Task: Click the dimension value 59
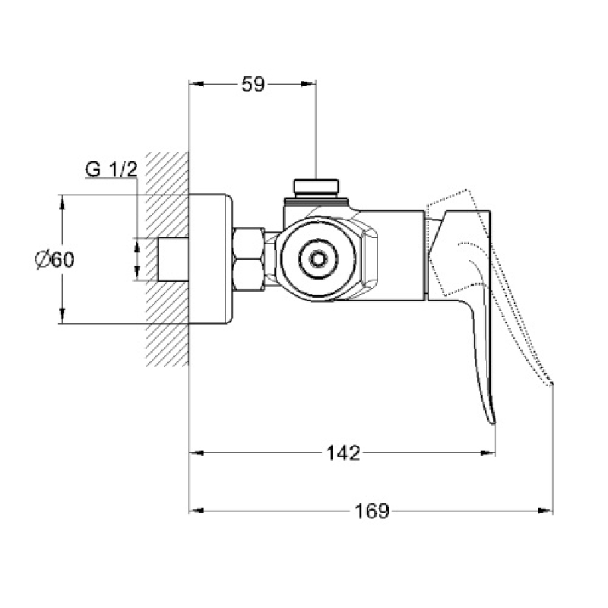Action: (x=253, y=84)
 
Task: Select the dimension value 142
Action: (x=344, y=453)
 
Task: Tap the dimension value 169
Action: (x=372, y=511)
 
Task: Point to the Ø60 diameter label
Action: (x=54, y=259)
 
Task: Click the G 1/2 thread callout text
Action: (x=111, y=169)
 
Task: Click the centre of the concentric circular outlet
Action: (x=318, y=258)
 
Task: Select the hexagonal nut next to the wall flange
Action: (x=249, y=259)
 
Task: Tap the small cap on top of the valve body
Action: (x=315, y=186)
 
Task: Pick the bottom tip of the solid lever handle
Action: (x=492, y=423)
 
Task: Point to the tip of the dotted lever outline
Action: (x=552, y=385)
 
